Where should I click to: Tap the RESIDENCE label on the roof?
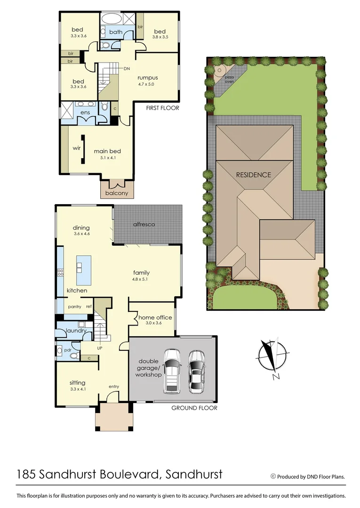253,175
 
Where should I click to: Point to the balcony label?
117,193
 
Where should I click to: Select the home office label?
155,317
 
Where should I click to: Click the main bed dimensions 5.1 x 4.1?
107,158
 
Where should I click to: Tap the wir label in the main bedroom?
77,147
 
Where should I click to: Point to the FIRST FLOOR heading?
162,108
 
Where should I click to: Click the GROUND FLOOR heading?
194,408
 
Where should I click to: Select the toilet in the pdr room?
73,356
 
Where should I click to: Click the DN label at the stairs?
127,69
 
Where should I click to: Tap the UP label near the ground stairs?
100,348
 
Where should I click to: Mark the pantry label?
74,307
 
